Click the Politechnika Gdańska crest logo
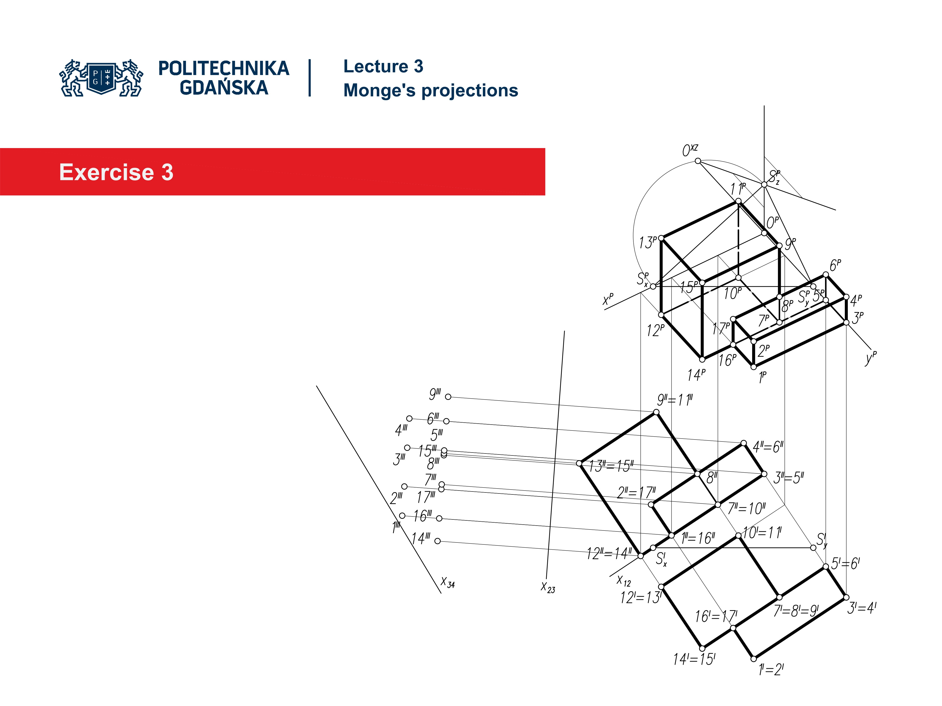point(101,78)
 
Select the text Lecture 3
point(383,66)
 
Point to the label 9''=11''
point(675,400)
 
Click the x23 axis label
point(548,587)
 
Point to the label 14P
point(696,375)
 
